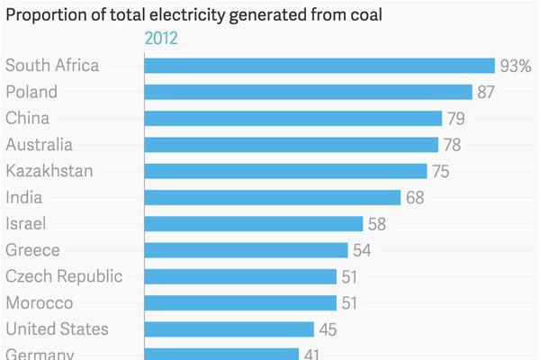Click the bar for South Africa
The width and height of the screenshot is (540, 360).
tap(319, 66)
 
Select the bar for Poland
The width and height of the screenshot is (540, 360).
tap(308, 92)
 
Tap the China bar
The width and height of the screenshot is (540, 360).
tap(292, 118)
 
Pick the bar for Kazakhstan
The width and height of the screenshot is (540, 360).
tap(285, 171)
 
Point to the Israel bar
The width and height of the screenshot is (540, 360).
tap(253, 224)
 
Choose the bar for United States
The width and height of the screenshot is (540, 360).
tap(229, 329)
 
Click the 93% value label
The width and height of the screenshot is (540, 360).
tap(516, 66)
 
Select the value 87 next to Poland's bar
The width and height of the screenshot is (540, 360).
tap(487, 92)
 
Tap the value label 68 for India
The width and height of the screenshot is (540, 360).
tap(415, 197)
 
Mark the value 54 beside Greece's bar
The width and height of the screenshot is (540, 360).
tap(362, 250)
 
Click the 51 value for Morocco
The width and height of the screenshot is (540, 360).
tap(351, 303)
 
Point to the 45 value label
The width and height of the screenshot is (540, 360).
tap(328, 329)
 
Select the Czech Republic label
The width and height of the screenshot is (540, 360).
tap(64, 276)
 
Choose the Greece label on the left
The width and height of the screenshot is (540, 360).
tap(32, 250)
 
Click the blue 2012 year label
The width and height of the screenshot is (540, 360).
tap(161, 38)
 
